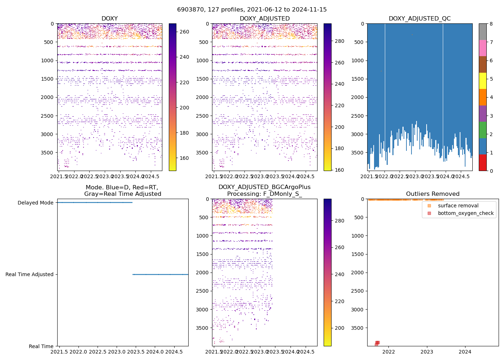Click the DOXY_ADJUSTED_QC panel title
pos(419,18)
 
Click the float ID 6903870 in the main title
pos(191,10)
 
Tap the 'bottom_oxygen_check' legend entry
pos(465,213)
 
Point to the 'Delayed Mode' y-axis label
pos(35,203)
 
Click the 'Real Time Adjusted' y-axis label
pos(30,274)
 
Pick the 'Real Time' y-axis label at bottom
pos(41,346)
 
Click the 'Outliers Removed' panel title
pos(433,194)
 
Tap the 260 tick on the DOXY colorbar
pos(184,32)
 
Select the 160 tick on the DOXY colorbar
pos(184,158)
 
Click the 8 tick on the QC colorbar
pos(491,24)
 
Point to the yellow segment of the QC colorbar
pos(482,81)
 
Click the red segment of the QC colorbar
pos(482,162)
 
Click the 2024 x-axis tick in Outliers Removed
pos(465,352)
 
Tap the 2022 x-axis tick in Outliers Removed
pos(389,352)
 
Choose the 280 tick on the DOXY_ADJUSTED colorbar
pos(339,41)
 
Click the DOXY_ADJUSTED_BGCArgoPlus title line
pos(264,187)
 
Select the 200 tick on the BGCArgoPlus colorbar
pos(339,328)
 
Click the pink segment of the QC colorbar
pos(482,48)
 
